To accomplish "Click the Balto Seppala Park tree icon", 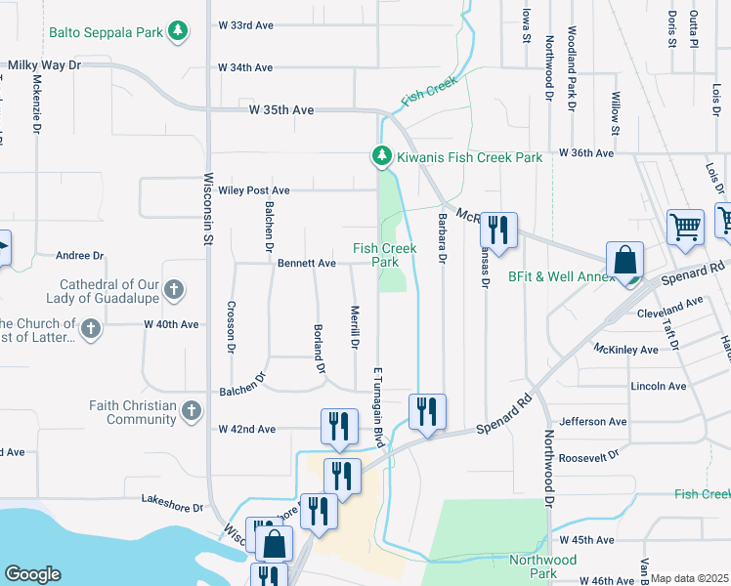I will coord(177,32).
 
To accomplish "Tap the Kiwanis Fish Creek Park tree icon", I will coord(381,156).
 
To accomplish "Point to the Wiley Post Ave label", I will coord(254,190).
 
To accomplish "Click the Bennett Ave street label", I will coord(307,263).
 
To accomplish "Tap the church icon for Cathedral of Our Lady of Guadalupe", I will coord(173,290).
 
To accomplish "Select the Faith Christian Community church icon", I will coord(192,412).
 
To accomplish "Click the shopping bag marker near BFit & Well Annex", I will coord(624,261).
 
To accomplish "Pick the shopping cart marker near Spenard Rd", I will coord(685,227).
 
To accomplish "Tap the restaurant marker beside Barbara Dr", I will coord(498,230).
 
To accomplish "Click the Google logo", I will coord(32,574).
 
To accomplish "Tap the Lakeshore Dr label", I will coord(171,508).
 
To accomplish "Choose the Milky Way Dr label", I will coord(44,64).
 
